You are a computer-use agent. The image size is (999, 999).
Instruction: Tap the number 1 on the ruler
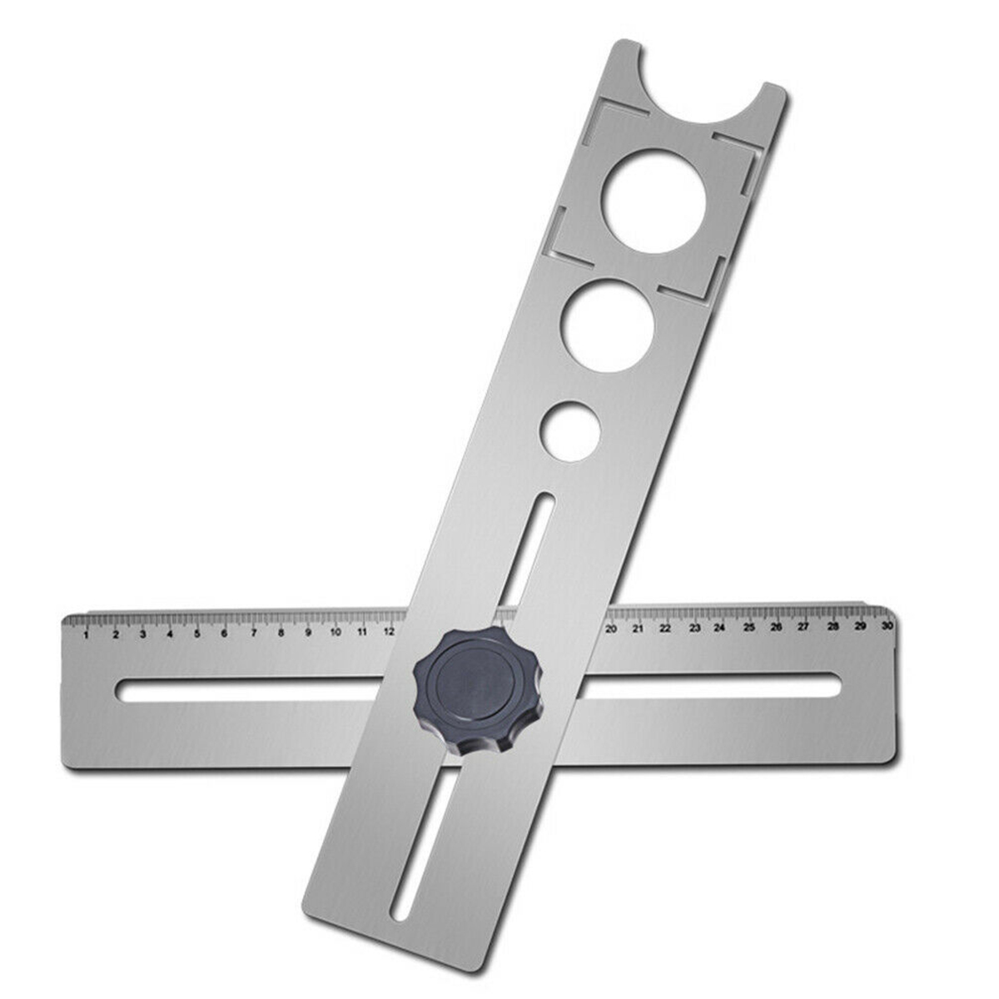point(87,635)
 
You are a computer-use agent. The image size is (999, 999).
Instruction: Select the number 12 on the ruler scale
point(390,631)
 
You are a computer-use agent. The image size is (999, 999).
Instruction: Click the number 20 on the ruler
point(611,629)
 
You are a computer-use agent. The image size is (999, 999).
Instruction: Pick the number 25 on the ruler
point(748,627)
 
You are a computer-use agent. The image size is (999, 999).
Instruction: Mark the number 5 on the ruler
point(197,634)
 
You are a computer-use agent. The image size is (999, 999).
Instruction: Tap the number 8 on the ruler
point(281,633)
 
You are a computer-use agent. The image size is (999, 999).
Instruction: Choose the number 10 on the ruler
point(335,632)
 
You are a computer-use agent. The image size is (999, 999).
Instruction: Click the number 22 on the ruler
point(665,628)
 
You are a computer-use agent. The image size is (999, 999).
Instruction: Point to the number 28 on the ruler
point(832,625)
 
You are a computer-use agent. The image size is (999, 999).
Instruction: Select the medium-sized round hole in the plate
point(605,326)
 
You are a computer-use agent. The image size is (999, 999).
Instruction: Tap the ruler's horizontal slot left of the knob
point(258,690)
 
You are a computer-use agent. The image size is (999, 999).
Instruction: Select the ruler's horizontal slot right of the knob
point(708,686)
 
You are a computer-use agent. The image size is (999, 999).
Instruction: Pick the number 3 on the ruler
point(142,634)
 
